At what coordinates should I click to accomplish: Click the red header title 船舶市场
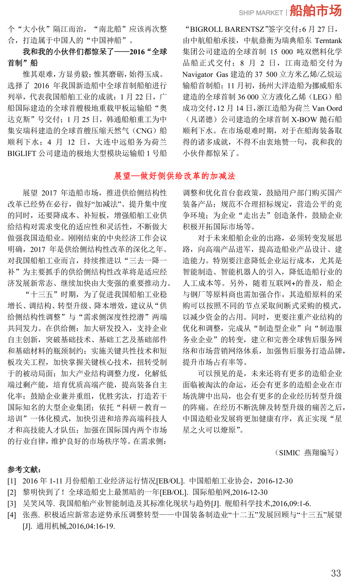coord(316,11)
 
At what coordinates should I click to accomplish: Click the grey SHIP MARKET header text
coord(261,13)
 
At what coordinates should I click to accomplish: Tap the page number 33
coord(336,573)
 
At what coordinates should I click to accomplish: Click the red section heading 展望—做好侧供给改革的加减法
coord(175,176)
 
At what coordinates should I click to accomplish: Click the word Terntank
coord(328,41)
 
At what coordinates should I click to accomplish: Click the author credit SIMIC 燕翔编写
coord(307,452)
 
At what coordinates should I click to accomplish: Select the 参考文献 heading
coord(24,470)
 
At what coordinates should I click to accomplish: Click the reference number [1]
coord(12,481)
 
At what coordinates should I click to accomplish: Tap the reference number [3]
coord(12,504)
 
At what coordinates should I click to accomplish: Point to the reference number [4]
coord(12,515)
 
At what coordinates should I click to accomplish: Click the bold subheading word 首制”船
coord(23,63)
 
